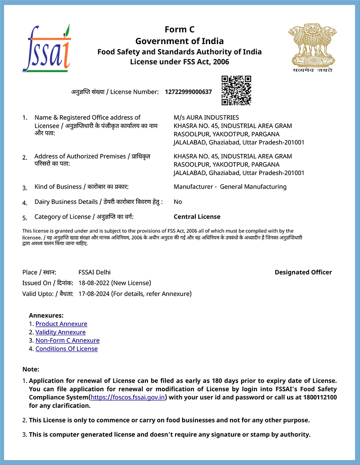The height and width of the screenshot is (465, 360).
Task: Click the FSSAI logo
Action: (x=47, y=48)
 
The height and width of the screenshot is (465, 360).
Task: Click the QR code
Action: (x=236, y=90)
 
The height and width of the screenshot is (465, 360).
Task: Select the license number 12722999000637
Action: (x=188, y=92)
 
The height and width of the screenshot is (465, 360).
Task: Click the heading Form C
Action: (x=180, y=30)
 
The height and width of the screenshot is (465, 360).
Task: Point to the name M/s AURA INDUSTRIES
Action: (x=206, y=117)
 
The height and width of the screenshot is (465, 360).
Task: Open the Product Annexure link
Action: (x=61, y=324)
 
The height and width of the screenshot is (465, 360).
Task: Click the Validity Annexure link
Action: (x=60, y=332)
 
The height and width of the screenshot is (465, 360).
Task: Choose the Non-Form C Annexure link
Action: (x=67, y=341)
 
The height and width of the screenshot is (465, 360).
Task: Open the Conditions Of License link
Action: (x=67, y=349)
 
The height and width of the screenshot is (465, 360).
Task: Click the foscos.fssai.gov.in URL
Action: (x=128, y=397)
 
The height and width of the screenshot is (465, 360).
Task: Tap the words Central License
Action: (x=197, y=217)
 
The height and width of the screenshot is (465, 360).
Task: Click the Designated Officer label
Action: (x=303, y=272)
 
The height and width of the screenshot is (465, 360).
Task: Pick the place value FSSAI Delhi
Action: (x=94, y=272)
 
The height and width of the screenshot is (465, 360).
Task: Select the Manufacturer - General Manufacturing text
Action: (x=230, y=187)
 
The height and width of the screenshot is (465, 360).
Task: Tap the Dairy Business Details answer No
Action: (x=178, y=202)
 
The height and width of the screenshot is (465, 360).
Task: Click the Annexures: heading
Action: (x=46, y=316)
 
